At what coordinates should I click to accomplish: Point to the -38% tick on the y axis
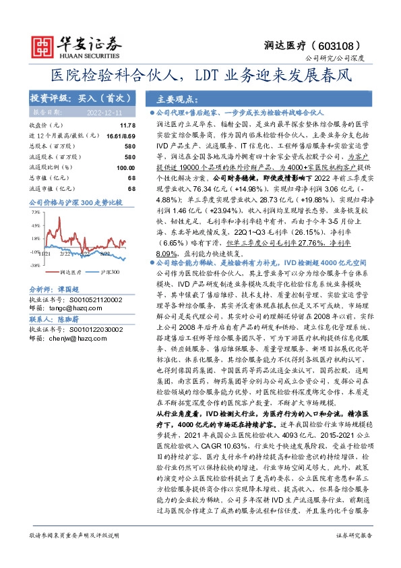34,265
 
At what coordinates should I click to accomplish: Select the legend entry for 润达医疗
70,273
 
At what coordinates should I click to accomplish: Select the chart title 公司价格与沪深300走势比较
75,202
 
